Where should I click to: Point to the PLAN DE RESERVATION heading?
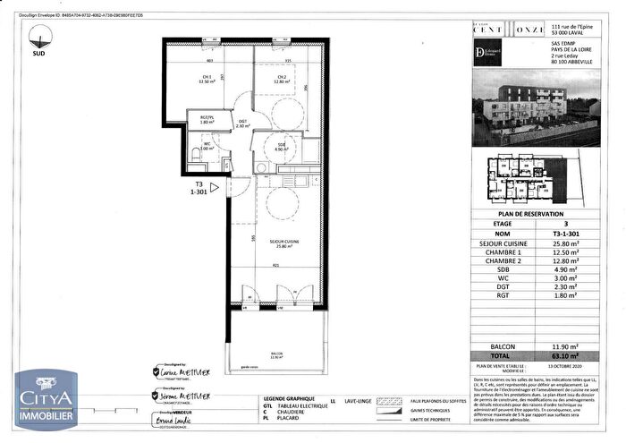pyautogui.click(x=529, y=215)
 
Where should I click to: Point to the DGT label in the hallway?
pyautogui.click(x=242, y=123)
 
